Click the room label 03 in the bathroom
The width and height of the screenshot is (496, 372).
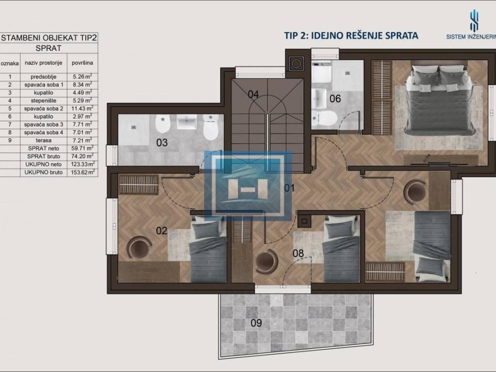point(162,142)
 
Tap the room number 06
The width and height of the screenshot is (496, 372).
point(335,99)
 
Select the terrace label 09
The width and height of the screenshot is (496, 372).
point(256,323)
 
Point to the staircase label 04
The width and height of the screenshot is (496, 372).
point(253,94)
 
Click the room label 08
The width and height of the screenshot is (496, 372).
point(298,253)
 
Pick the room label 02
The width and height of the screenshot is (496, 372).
point(161,230)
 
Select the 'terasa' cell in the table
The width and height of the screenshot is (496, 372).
point(44,140)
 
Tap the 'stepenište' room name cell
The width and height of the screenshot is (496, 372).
point(44,100)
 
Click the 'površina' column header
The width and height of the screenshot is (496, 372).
point(82,62)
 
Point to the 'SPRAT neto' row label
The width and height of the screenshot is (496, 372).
point(44,148)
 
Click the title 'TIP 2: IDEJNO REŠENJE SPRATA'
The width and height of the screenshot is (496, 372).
point(351,35)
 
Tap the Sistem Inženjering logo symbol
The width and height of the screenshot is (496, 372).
point(474,21)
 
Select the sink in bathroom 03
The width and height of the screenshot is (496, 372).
point(186,122)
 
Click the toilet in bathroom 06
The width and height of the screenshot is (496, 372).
point(324,118)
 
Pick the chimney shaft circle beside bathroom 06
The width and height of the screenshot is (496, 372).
point(296,63)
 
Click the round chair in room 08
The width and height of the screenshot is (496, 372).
point(266,261)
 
